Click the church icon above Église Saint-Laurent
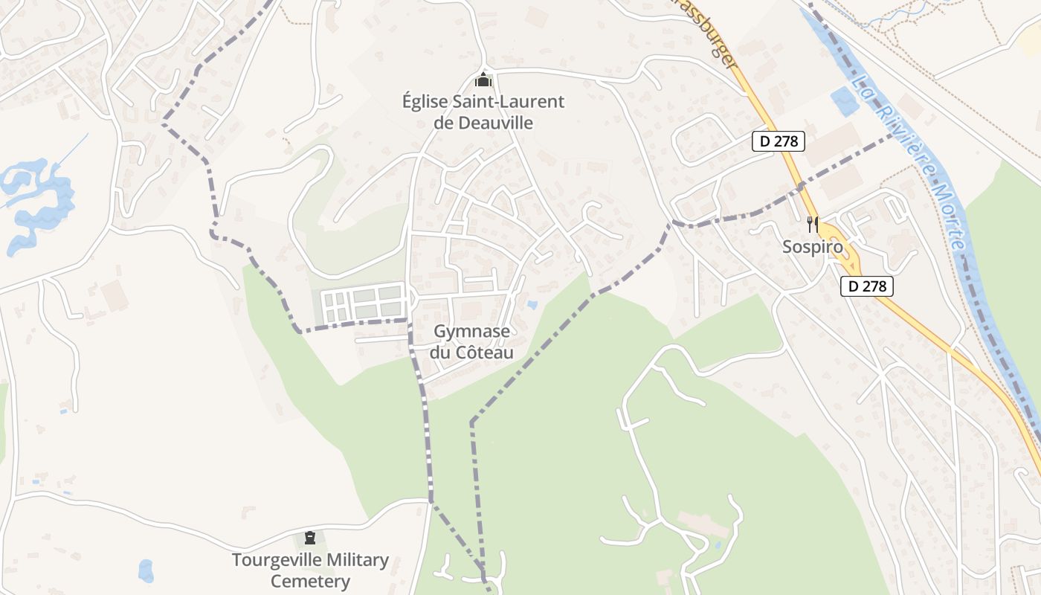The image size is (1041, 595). pyautogui.click(x=483, y=80)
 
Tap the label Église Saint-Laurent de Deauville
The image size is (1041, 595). pyautogui.click(x=483, y=112)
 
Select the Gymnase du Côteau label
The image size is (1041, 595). pyautogui.click(x=471, y=341)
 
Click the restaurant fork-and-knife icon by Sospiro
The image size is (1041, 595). pyautogui.click(x=812, y=224)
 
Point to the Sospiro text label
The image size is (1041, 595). pyautogui.click(x=812, y=247)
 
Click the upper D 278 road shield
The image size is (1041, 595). pyautogui.click(x=778, y=141)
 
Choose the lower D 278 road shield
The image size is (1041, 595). pyautogui.click(x=866, y=286)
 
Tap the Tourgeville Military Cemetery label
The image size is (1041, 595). pyautogui.click(x=310, y=570)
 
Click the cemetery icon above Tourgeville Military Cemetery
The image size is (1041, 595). pyautogui.click(x=310, y=538)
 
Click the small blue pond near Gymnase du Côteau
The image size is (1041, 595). pyautogui.click(x=531, y=304)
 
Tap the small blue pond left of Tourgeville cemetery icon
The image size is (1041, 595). pyautogui.click(x=146, y=570)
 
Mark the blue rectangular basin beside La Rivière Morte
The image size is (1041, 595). pyautogui.click(x=843, y=101)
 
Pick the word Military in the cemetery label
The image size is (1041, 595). pyautogui.click(x=345, y=560)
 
